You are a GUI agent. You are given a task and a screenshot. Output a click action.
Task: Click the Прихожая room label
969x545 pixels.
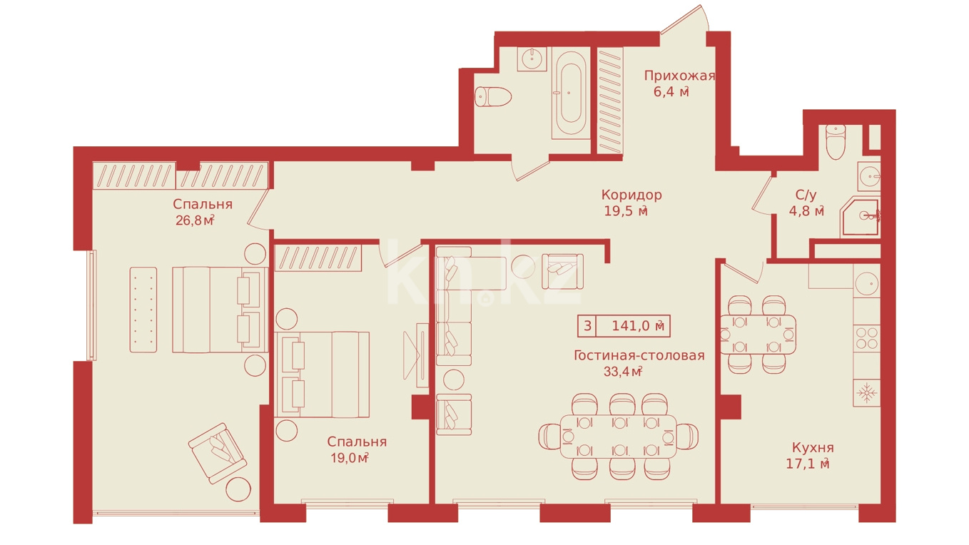coord(679,76)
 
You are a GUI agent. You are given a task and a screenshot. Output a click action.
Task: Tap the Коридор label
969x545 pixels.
coord(631,195)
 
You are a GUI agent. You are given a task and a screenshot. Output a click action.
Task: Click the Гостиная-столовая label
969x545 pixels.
coord(639,355)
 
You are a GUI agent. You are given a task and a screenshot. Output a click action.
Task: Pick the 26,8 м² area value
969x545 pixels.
coord(195,220)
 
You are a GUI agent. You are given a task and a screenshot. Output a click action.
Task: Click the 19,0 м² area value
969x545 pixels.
coord(350,458)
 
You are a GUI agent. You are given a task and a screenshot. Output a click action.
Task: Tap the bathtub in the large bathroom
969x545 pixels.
coord(569,93)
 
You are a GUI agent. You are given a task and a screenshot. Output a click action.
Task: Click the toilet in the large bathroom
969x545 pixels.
coord(493,96)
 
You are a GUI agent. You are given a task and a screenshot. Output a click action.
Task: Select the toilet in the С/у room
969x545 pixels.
coord(836,142)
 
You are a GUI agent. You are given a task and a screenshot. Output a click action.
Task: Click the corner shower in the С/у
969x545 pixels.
coord(860,217)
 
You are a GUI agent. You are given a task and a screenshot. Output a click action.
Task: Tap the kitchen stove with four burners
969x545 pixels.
coord(867,338)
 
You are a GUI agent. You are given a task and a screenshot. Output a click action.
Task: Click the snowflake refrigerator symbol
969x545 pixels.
coord(867,393)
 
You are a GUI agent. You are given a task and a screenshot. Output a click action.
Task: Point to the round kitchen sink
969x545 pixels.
coord(867,284)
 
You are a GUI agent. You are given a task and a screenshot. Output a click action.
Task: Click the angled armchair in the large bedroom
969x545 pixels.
coord(218,453)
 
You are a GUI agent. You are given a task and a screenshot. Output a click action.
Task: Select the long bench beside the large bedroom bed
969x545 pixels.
coord(143,310)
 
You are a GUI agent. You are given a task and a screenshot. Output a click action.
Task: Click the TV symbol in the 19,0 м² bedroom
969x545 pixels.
coord(416,355)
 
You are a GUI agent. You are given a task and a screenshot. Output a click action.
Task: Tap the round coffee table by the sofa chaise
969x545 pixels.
coord(524,268)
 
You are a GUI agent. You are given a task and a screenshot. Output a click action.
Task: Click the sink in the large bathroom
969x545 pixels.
coord(532,58)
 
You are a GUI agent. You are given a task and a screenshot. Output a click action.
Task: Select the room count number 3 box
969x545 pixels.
coord(587,326)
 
